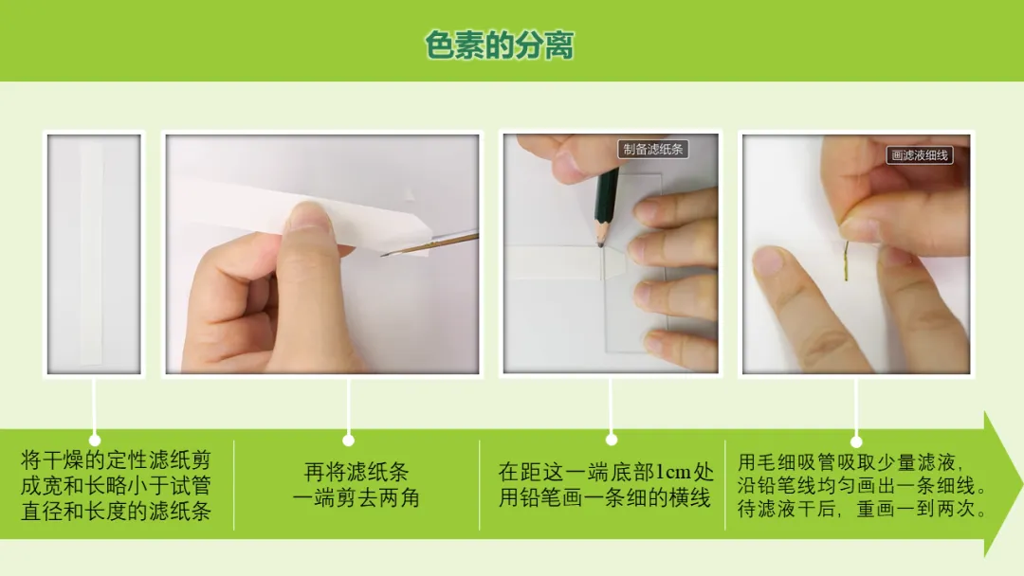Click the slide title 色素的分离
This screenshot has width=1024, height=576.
[500, 45]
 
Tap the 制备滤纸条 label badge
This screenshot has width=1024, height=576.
[652, 150]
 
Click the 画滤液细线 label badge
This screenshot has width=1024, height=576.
[920, 155]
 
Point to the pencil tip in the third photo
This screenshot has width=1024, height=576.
[601, 244]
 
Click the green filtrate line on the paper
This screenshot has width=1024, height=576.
[847, 261]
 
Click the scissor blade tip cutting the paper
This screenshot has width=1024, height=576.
[384, 255]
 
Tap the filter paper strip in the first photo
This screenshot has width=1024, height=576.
[91, 252]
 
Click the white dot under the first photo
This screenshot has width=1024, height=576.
[95, 441]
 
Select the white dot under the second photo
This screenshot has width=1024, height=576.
[349, 441]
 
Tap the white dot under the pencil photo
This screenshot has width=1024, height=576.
[612, 440]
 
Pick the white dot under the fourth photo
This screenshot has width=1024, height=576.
[856, 441]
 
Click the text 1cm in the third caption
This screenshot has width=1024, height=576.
[672, 472]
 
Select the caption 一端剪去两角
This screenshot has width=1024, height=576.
[356, 498]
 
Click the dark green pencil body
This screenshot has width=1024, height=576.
[606, 196]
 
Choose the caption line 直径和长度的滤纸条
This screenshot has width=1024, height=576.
[117, 512]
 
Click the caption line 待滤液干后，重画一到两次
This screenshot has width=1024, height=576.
[862, 509]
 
